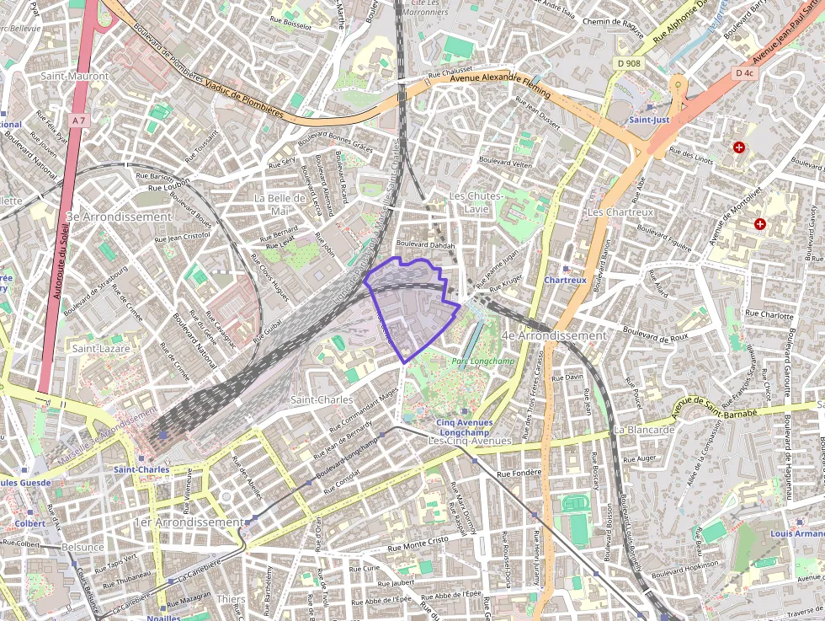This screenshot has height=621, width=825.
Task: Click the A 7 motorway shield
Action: click(78, 121)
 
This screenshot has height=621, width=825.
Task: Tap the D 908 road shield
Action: click(627, 63)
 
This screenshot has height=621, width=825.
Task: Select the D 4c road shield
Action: click(743, 73)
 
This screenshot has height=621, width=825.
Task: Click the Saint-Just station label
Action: click(649, 120)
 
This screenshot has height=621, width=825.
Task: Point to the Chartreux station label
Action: click(565, 280)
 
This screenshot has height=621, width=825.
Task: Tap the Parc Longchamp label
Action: click(482, 361)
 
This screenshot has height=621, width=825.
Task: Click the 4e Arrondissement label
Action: click(553, 335)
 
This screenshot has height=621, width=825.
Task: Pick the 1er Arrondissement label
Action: click(189, 522)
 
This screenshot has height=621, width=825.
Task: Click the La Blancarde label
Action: click(644, 429)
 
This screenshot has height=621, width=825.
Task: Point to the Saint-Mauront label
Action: click(75, 76)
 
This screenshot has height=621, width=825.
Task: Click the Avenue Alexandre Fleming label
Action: click(500, 84)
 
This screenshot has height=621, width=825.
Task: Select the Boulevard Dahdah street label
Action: click(425, 245)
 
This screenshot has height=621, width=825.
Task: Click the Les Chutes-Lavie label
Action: click(476, 201)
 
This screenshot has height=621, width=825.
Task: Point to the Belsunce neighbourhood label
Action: click(82, 546)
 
